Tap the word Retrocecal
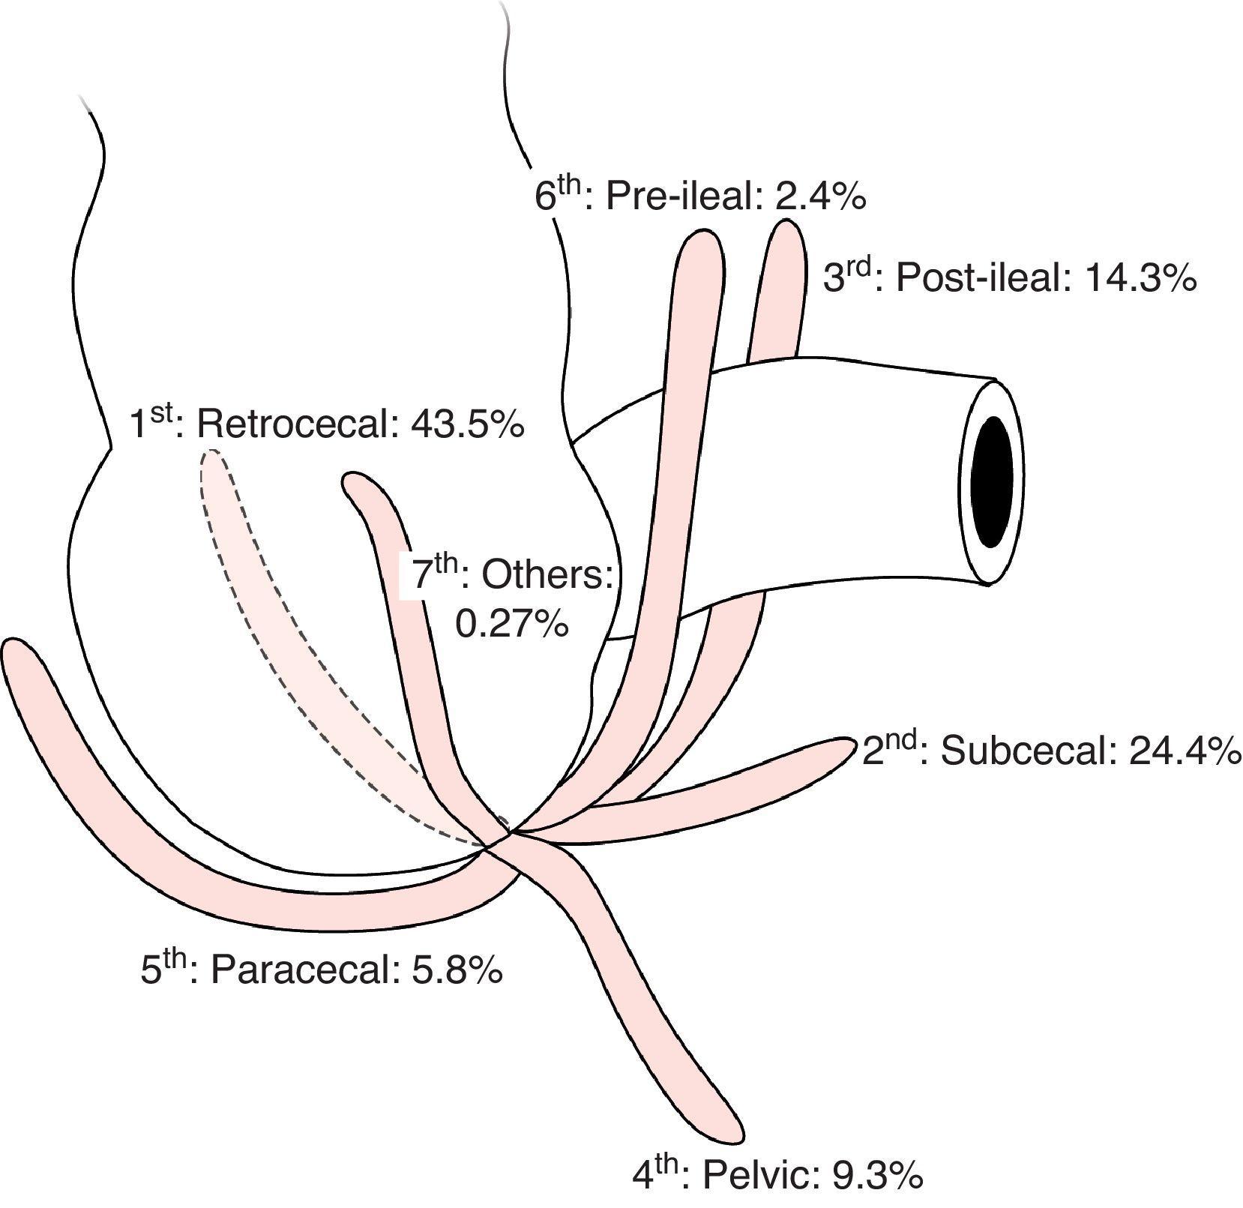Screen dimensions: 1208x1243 pyautogui.click(x=295, y=425)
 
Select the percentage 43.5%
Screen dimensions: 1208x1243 pyautogui.click(x=467, y=425)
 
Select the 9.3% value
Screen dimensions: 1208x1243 pyautogui.click(x=877, y=1177)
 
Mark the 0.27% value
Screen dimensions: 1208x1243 pyautogui.click(x=512, y=624)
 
